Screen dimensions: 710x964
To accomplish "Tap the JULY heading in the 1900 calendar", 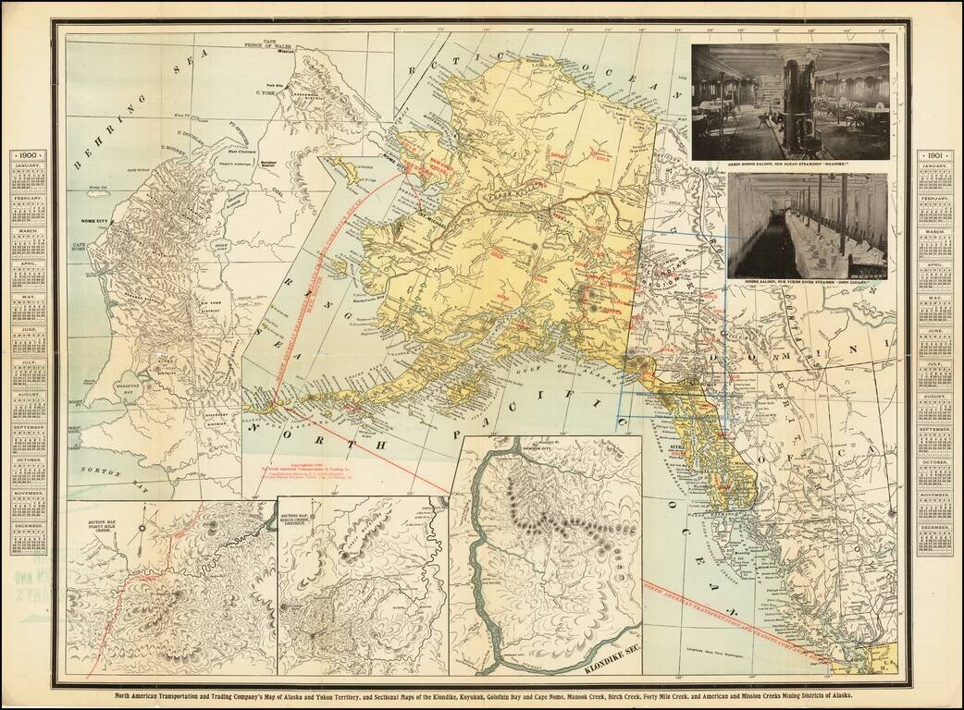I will [x=27, y=361].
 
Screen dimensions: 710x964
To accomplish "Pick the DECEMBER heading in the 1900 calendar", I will [x=27, y=526].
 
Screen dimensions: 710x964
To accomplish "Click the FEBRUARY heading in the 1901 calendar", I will [x=934, y=200].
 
